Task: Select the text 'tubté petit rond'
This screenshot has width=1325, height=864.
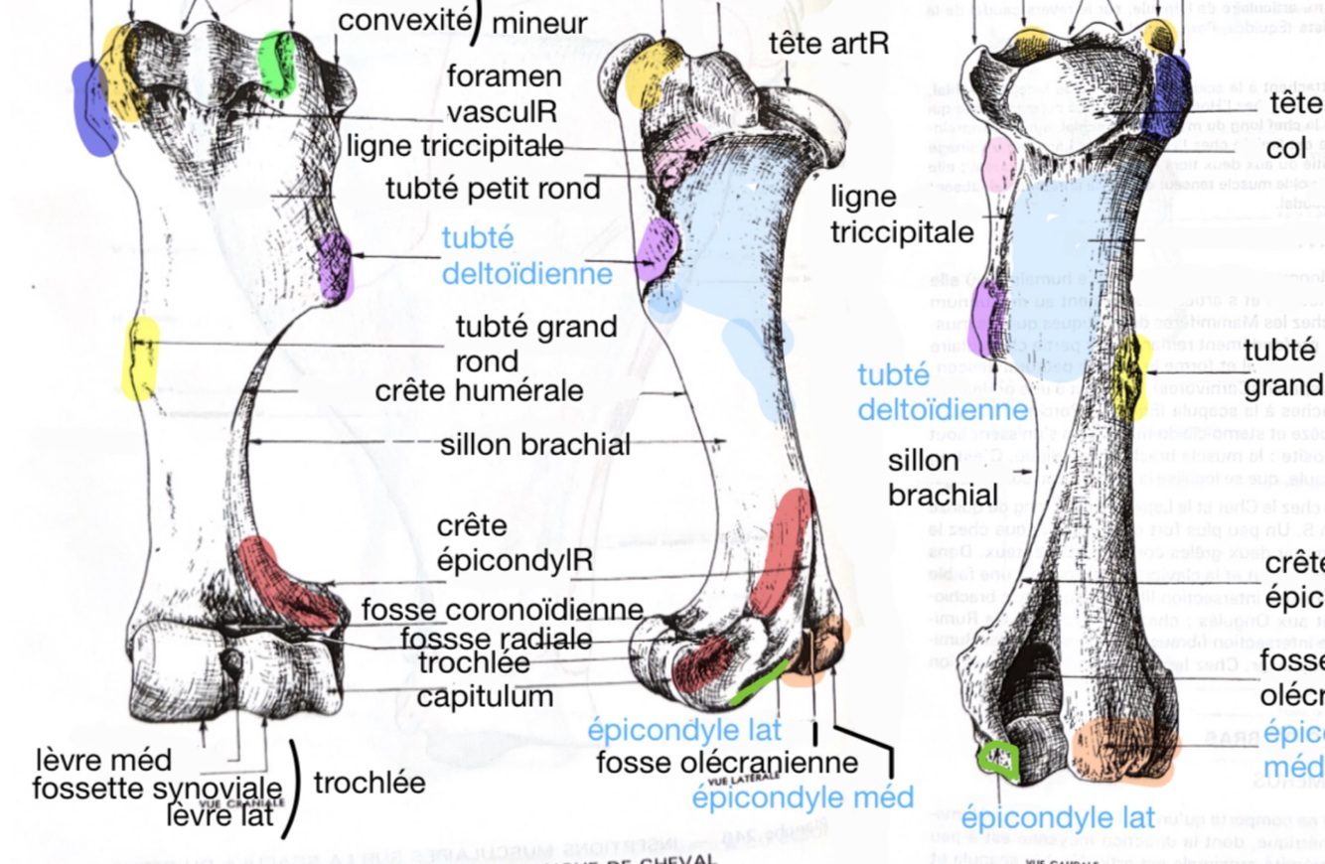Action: [494, 188]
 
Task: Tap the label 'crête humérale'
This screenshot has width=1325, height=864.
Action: [479, 390]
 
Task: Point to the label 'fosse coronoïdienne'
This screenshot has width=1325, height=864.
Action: [502, 609]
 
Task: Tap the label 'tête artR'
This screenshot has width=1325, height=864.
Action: [828, 44]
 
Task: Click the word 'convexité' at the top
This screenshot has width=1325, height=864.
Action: [401, 19]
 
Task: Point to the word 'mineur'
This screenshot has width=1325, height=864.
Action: [538, 22]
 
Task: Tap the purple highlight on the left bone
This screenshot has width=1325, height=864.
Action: [335, 266]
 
